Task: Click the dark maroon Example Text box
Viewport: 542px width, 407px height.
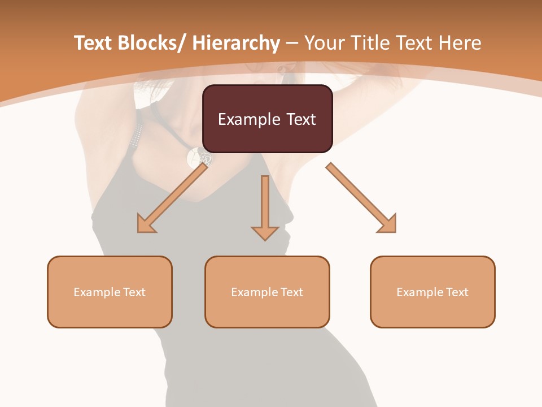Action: [267, 119]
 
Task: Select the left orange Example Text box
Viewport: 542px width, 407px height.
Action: [110, 292]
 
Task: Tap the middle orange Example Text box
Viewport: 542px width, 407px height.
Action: [267, 292]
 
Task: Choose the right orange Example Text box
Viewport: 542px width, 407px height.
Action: [432, 292]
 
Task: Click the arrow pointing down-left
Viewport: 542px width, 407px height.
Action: [172, 198]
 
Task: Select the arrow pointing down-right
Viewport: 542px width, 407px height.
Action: [361, 198]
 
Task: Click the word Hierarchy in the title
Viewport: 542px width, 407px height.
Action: [235, 43]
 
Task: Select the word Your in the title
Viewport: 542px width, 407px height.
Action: [326, 43]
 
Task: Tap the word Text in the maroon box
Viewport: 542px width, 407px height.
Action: [300, 119]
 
